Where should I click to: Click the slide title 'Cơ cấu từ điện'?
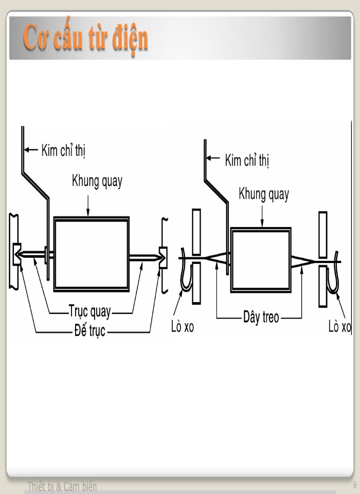[85, 39]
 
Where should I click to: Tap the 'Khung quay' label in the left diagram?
[97, 182]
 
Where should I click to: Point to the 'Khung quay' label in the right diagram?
[263, 195]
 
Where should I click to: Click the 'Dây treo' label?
[261, 317]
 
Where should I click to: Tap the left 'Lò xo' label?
[183, 327]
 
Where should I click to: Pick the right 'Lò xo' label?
[339, 327]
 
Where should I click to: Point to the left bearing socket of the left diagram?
[16, 254]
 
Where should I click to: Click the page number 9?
[355, 485]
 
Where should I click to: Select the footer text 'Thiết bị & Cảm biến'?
[62, 486]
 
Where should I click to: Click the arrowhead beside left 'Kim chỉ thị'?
[30, 151]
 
